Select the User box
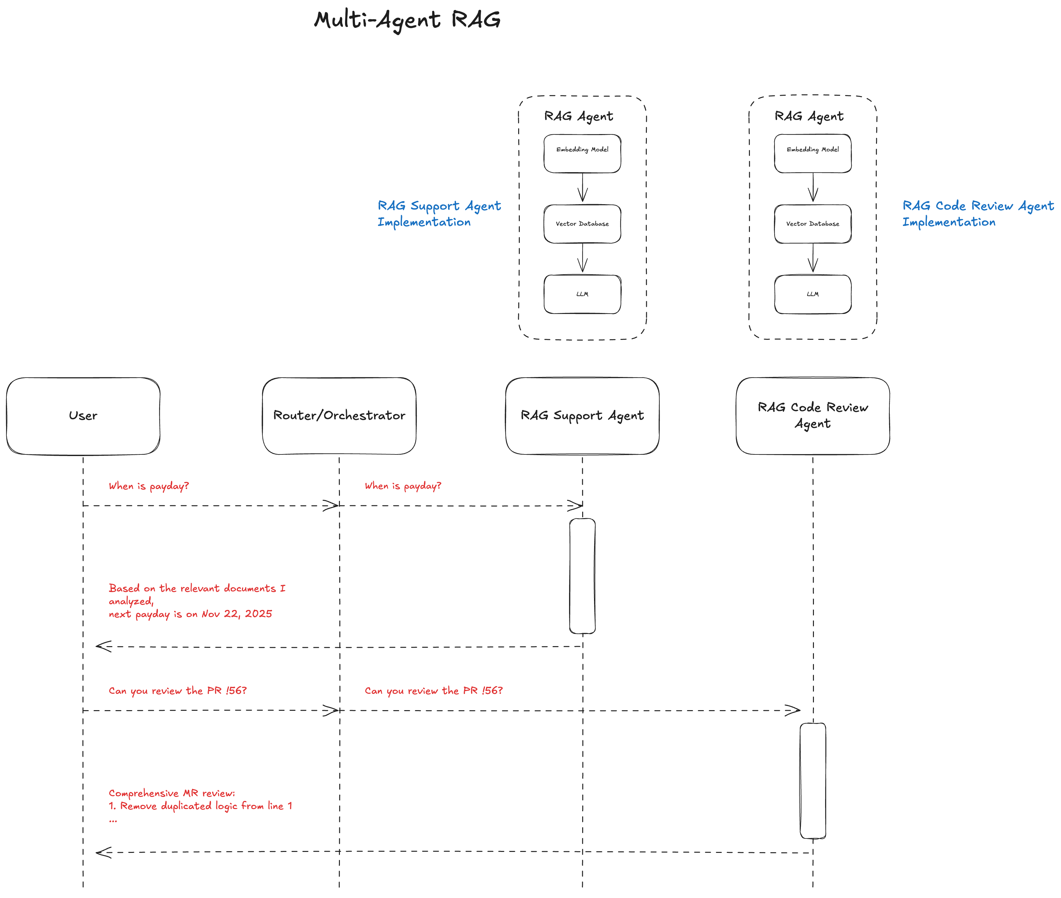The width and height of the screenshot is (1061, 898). tap(83, 415)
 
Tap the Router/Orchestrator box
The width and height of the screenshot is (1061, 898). tap(339, 415)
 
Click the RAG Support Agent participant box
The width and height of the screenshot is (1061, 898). tap(582, 415)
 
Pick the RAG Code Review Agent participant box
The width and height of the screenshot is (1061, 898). tap(813, 415)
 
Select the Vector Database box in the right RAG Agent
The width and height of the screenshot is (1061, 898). tap(813, 223)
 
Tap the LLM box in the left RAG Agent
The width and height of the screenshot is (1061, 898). tap(582, 294)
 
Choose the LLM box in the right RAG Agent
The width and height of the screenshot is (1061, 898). tap(813, 294)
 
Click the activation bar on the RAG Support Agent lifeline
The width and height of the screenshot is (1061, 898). tap(582, 575)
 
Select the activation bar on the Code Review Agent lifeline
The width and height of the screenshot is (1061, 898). tap(813, 780)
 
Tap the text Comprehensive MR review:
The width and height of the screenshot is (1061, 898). tap(172, 793)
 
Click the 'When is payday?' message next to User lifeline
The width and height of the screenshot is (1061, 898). tap(149, 486)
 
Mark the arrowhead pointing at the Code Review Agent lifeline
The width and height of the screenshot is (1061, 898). tap(793, 710)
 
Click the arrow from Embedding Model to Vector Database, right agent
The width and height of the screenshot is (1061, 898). tap(813, 188)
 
